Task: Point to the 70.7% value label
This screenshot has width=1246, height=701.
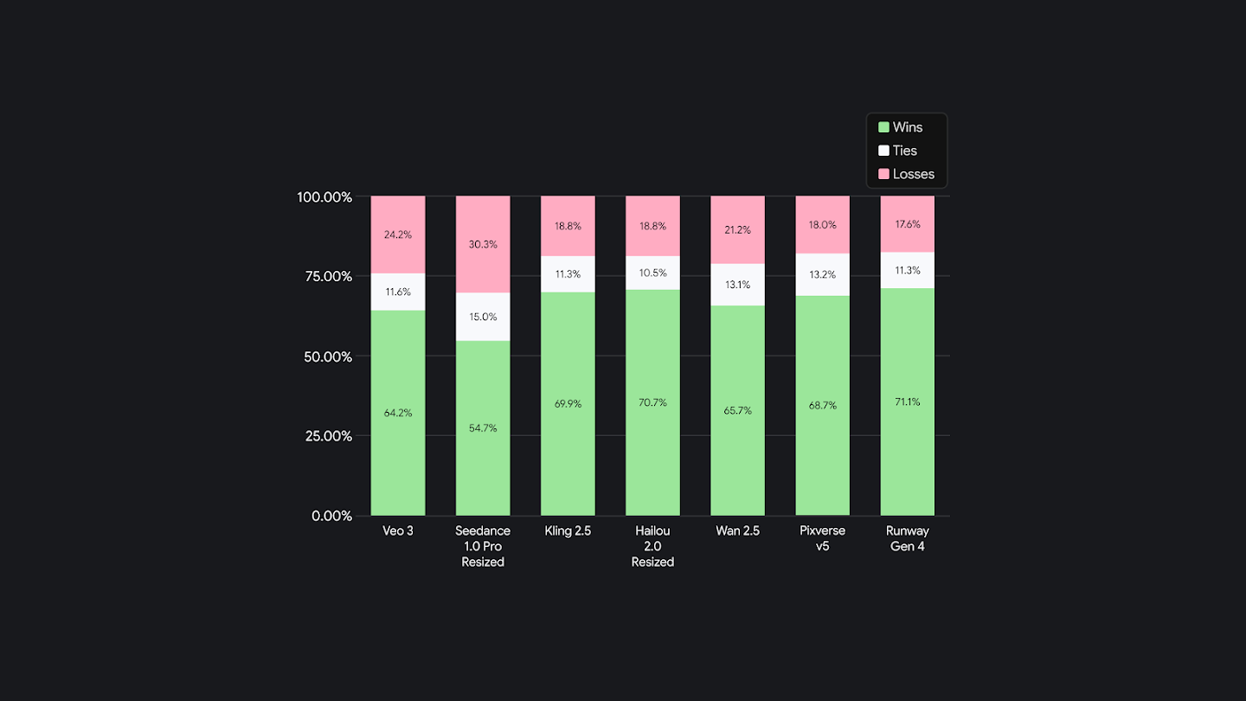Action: pyautogui.click(x=652, y=402)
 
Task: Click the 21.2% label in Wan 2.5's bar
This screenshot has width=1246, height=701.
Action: pyautogui.click(x=737, y=230)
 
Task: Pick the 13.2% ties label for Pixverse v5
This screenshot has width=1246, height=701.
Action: pyautogui.click(x=822, y=275)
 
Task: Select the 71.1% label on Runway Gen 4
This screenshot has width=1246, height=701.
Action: pyautogui.click(x=907, y=402)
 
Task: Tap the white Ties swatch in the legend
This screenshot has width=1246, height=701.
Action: pyautogui.click(x=883, y=151)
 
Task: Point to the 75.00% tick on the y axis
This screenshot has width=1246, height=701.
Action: pyautogui.click(x=324, y=276)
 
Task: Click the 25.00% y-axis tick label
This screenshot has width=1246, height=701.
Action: pyautogui.click(x=324, y=436)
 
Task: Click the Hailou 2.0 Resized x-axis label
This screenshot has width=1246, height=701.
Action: pyautogui.click(x=652, y=546)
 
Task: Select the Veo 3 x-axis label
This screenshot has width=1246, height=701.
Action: pyautogui.click(x=398, y=531)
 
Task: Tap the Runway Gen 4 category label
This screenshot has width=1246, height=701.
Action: pyautogui.click(x=907, y=538)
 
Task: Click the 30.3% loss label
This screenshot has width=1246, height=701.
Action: pyautogui.click(x=483, y=244)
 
